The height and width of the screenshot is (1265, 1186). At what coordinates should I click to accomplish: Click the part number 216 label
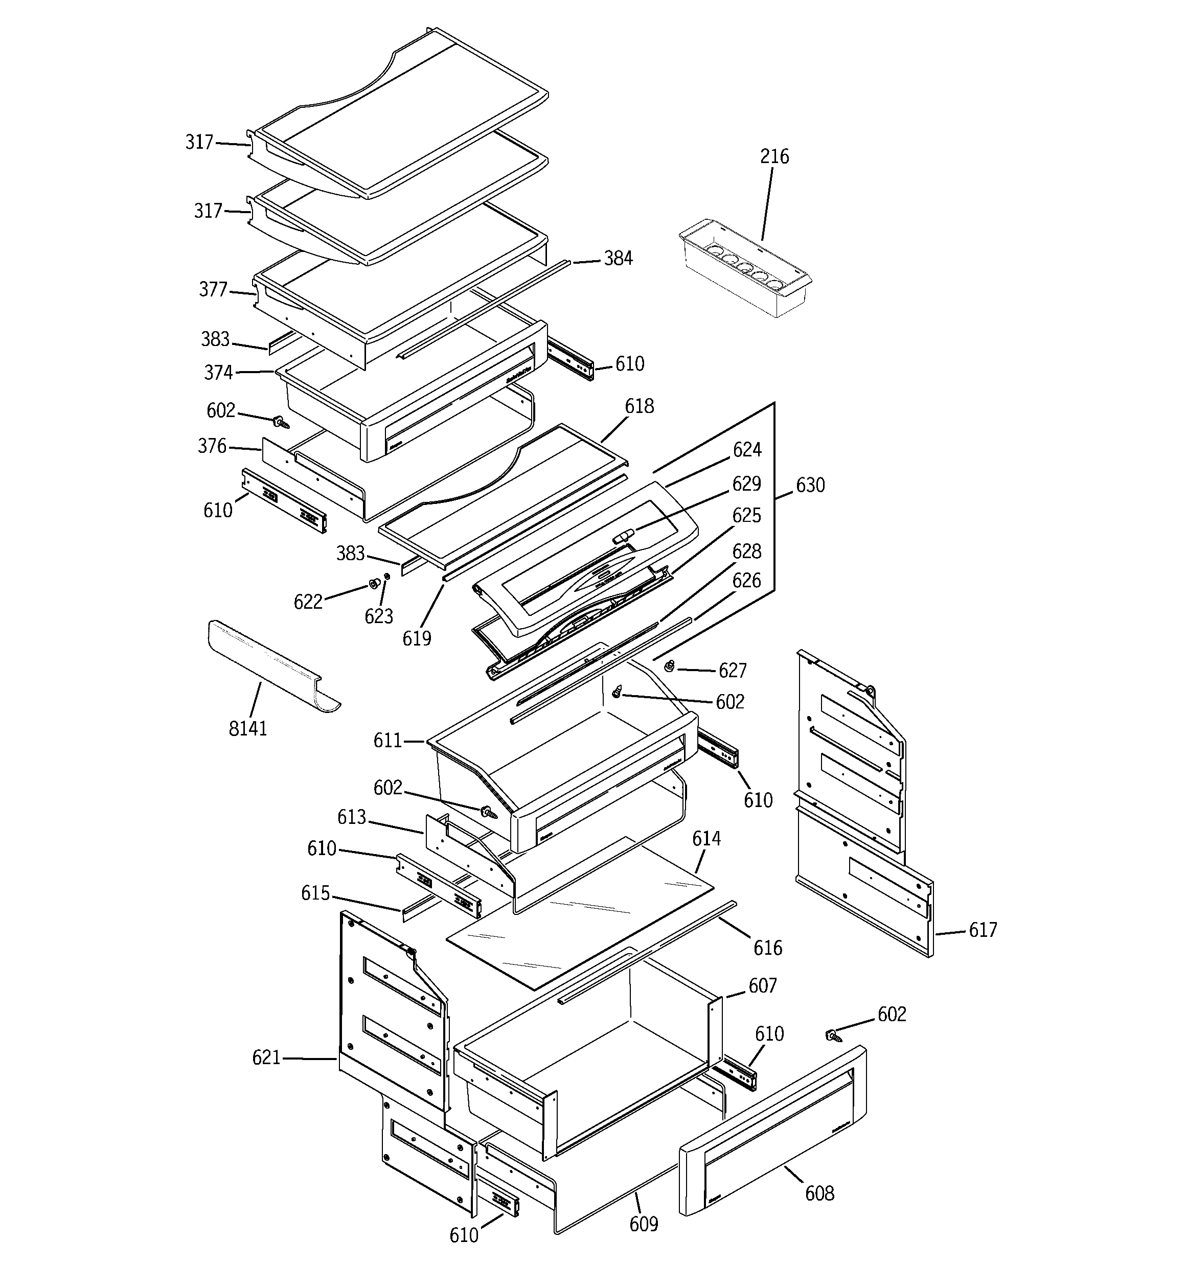[x=774, y=156]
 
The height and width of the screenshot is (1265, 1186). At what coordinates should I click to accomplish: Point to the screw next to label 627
[x=670, y=666]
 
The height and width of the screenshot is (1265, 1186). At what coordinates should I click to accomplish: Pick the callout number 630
[x=810, y=486]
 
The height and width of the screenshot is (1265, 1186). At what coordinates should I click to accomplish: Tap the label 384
[x=618, y=258]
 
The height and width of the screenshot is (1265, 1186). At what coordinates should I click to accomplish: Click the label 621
[x=266, y=1057]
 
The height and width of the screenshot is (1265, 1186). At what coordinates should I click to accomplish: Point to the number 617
[x=983, y=930]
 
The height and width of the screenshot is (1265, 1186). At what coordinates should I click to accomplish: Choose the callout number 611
[x=387, y=741]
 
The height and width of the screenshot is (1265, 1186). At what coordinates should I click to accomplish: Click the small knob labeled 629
[x=623, y=535]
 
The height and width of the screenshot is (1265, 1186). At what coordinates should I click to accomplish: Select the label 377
[x=213, y=289]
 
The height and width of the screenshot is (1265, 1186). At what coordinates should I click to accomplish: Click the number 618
[x=639, y=406]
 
